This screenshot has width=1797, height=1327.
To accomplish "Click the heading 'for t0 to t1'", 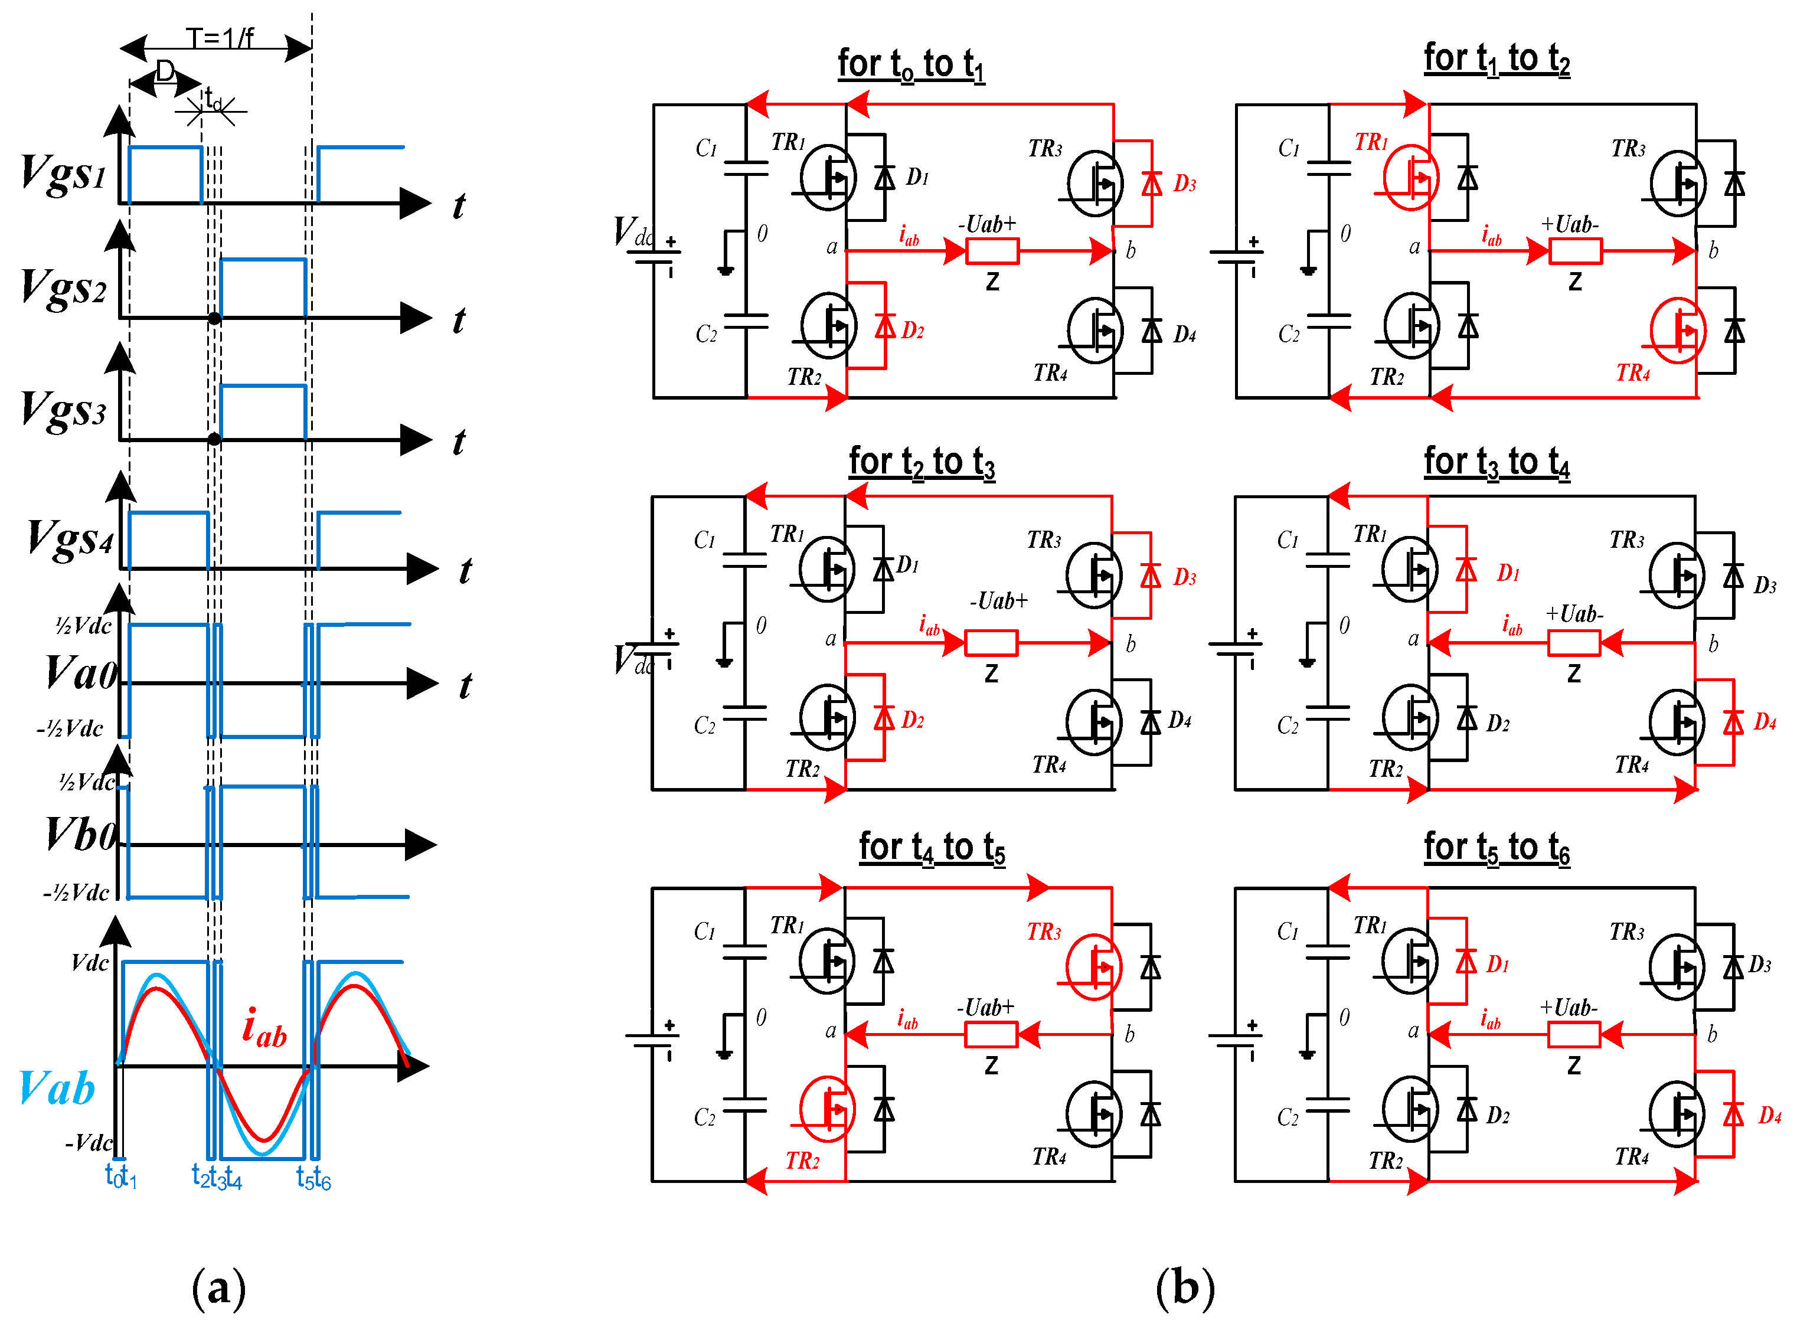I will point(911,64).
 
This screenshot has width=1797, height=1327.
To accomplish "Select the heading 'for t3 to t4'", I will point(1497,463).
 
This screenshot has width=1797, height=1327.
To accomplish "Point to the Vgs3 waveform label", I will point(63,410).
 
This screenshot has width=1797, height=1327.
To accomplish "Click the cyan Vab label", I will point(56,1089).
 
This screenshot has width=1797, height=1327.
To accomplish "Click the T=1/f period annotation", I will point(219,37).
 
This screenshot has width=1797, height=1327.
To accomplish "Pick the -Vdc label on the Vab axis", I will point(89,1142).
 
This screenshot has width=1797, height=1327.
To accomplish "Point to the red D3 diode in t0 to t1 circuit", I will point(1152,183).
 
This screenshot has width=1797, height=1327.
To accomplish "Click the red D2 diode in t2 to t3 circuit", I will point(884,717).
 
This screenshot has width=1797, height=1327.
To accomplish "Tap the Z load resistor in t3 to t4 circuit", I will point(1574,643).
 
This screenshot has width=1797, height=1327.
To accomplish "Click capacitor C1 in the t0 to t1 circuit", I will point(746,167).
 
